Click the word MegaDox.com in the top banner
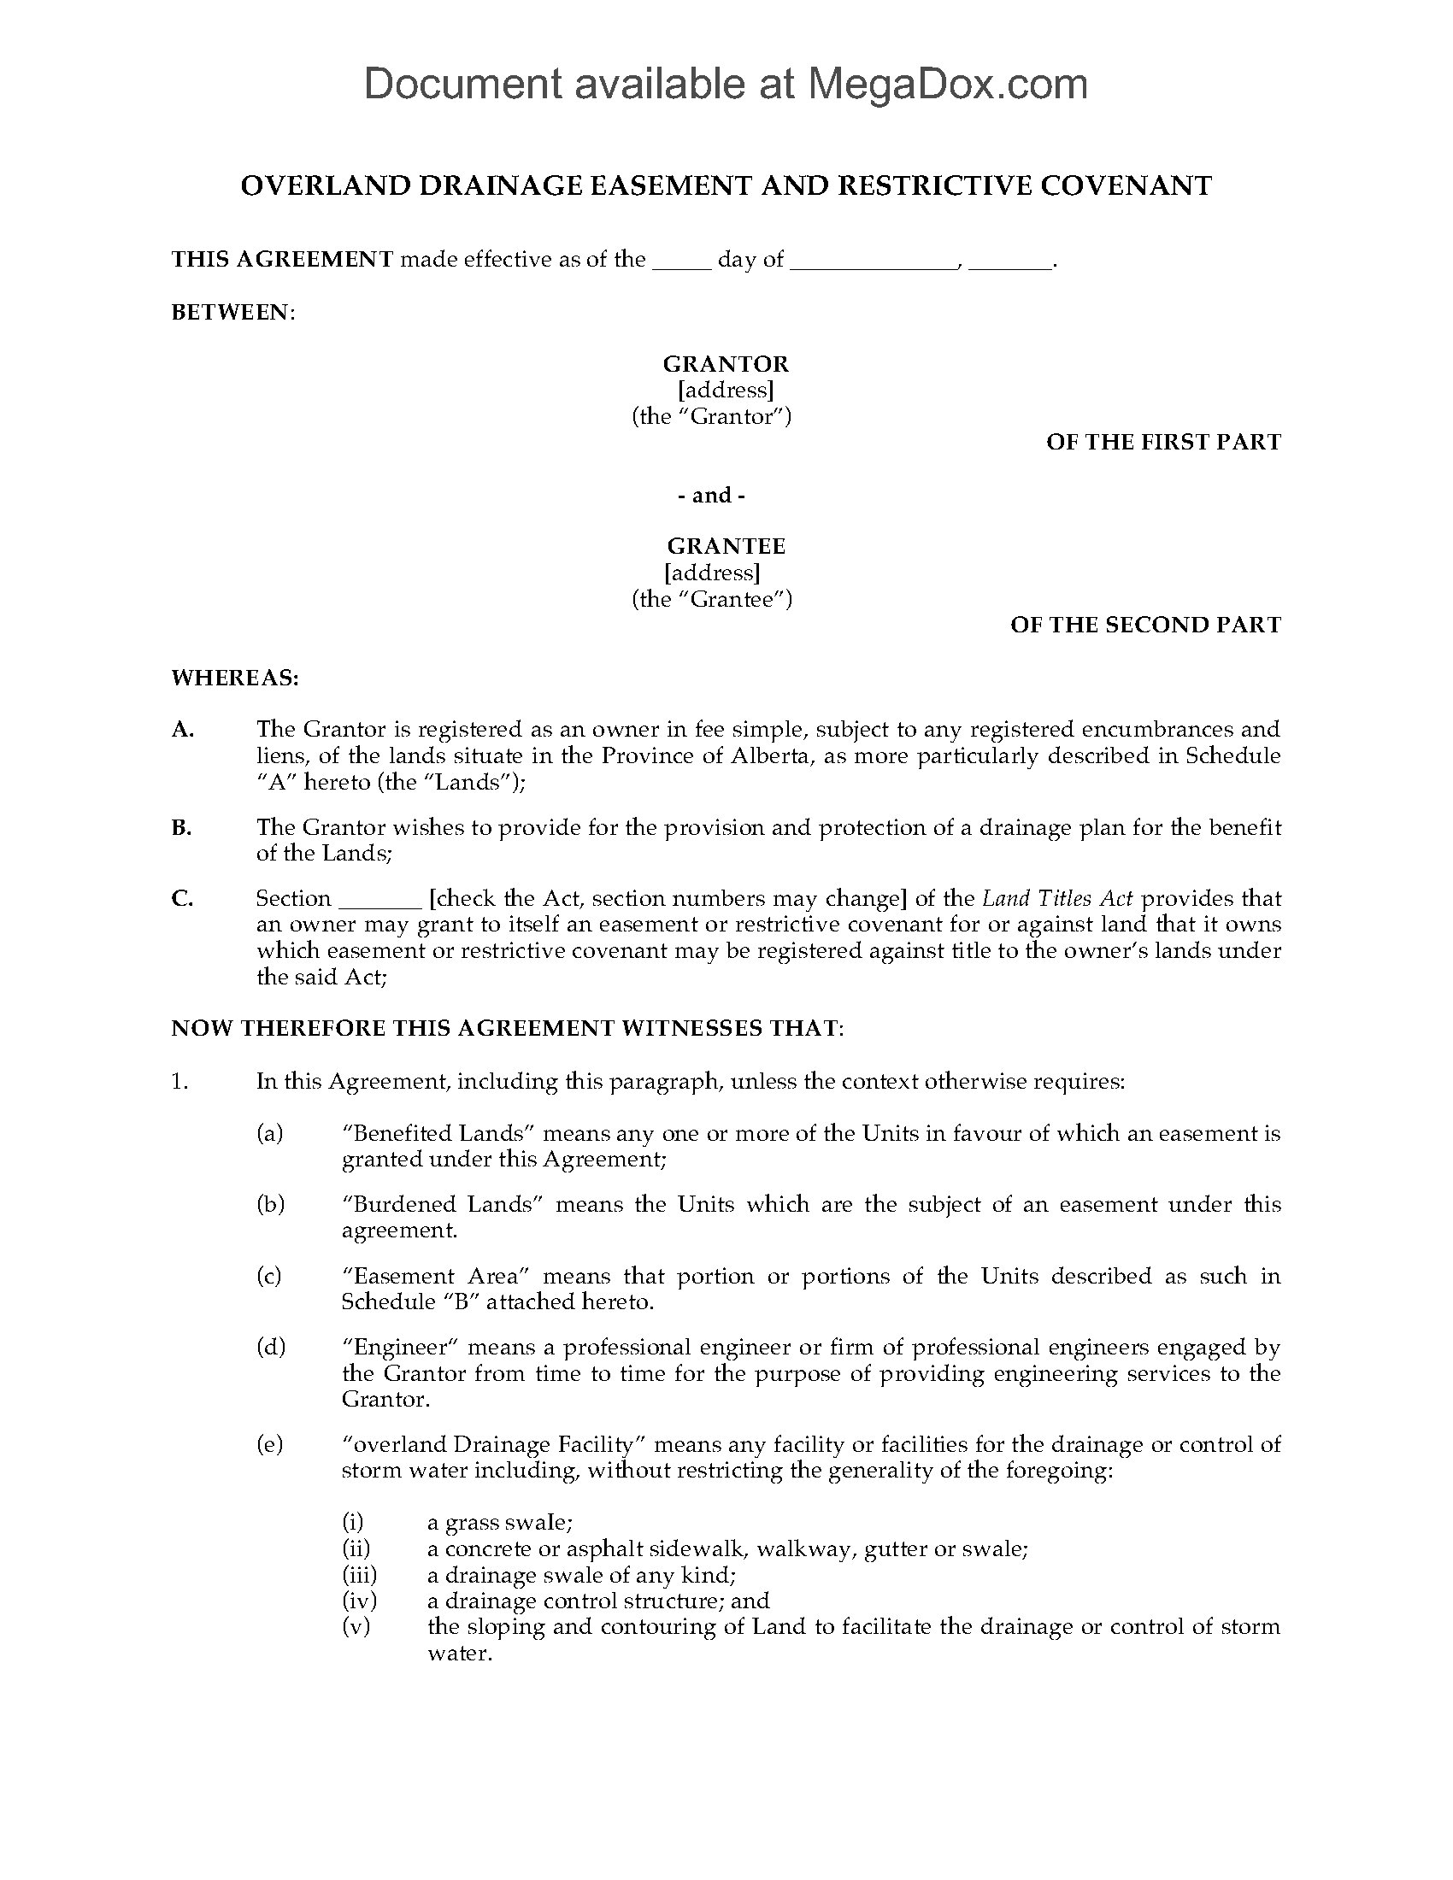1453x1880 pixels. (947, 85)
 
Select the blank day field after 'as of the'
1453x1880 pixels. (682, 261)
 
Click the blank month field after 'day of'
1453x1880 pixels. (873, 261)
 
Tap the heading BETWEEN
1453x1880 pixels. (232, 313)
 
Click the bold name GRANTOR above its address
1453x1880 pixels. (725, 364)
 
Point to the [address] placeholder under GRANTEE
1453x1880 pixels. (712, 573)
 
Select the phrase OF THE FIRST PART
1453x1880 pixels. (1163, 443)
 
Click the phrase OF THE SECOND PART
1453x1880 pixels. (1144, 625)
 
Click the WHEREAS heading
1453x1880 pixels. (235, 679)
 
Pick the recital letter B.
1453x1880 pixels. (180, 828)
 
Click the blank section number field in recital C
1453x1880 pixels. (379, 900)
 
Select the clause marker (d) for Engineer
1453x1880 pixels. (270, 1347)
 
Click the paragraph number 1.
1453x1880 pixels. (179, 1082)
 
